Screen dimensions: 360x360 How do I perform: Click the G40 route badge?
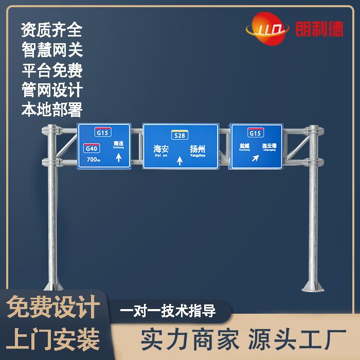(92, 149)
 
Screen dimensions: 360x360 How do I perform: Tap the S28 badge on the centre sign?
(179, 135)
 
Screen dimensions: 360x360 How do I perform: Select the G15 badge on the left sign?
(103, 132)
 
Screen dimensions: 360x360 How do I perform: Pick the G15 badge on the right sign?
(255, 133)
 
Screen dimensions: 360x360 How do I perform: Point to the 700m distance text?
(93, 159)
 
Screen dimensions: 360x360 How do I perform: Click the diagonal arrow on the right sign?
(255, 158)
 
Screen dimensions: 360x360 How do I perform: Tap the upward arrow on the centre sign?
(179, 160)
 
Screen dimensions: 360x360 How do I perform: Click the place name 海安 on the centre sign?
(161, 149)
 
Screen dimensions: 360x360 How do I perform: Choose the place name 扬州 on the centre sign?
(197, 149)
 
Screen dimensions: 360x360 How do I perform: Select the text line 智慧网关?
(51, 50)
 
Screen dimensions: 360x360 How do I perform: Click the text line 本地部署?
(51, 109)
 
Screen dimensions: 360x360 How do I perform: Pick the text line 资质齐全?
(51, 30)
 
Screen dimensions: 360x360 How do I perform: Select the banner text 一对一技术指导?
(168, 311)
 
